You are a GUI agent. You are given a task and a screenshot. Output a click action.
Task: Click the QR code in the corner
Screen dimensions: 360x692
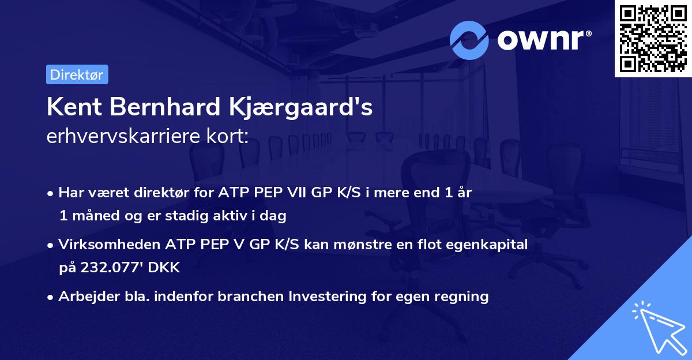pos(653,39)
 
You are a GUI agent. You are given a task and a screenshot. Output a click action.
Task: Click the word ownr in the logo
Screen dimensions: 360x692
pos(543,41)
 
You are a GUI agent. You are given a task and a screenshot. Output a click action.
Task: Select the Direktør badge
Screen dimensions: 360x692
pos(77,74)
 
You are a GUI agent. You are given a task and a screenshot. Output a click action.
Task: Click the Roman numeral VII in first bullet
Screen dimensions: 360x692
pos(298,193)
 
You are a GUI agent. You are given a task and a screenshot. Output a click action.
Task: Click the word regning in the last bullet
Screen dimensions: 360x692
pos(463,297)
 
